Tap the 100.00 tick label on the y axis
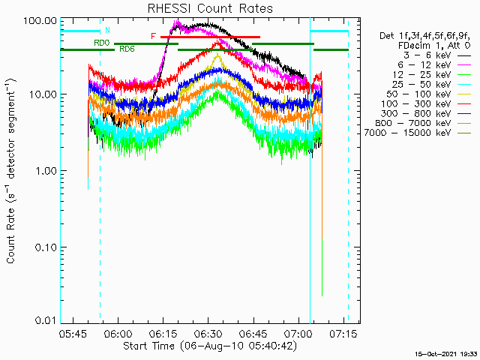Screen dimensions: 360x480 41,19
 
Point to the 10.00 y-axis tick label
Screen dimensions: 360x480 43,95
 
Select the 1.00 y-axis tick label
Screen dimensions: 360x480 46,171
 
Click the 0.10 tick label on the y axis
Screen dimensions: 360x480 46,247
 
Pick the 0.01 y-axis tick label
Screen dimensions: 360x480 46,321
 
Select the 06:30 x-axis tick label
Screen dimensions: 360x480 208,332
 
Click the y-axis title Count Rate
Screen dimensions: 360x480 12,171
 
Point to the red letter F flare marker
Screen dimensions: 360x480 153,36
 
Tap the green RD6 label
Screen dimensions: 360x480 127,49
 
